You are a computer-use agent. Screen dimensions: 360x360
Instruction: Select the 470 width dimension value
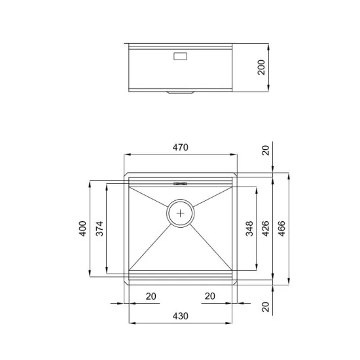coord(181,148)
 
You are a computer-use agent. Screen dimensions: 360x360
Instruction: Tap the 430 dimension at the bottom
coord(181,315)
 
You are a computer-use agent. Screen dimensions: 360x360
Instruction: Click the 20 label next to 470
coord(265,150)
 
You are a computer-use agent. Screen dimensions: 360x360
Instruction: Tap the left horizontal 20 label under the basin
coord(151,297)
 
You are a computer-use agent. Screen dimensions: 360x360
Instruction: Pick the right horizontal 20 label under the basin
coord(209,297)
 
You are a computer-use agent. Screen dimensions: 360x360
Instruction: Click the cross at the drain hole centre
coord(181,212)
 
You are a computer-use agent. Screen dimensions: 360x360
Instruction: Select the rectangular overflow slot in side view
coord(181,56)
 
